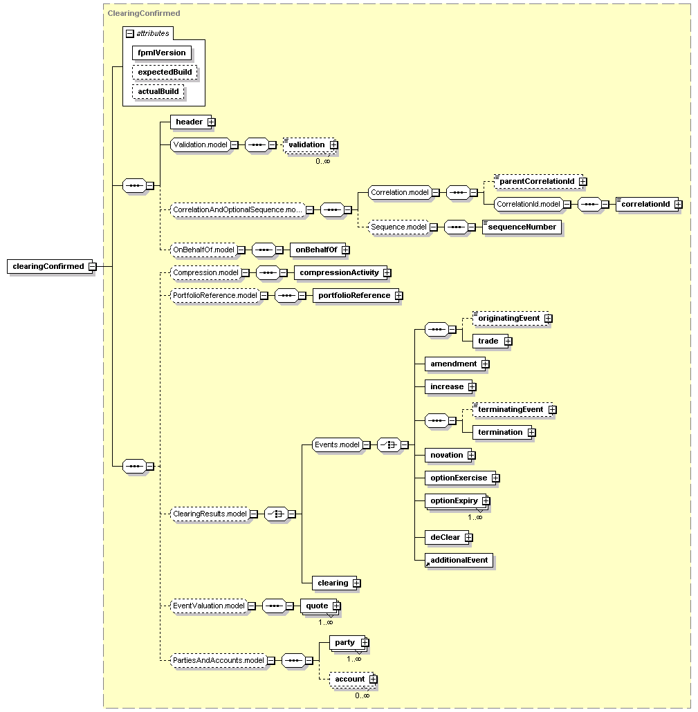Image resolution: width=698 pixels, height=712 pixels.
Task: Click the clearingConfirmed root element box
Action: point(49,266)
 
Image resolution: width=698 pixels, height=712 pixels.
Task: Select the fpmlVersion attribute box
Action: point(162,53)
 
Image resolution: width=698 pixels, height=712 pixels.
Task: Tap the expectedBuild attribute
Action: point(165,72)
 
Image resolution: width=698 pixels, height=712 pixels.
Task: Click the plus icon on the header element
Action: point(211,122)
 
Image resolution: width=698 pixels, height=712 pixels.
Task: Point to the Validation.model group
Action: point(201,145)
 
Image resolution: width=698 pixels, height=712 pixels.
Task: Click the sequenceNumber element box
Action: point(522,227)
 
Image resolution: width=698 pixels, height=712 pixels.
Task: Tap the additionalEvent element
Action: point(459,561)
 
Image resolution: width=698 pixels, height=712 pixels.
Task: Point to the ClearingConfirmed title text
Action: point(144,13)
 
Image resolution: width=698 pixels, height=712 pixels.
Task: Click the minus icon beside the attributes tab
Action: point(130,34)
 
